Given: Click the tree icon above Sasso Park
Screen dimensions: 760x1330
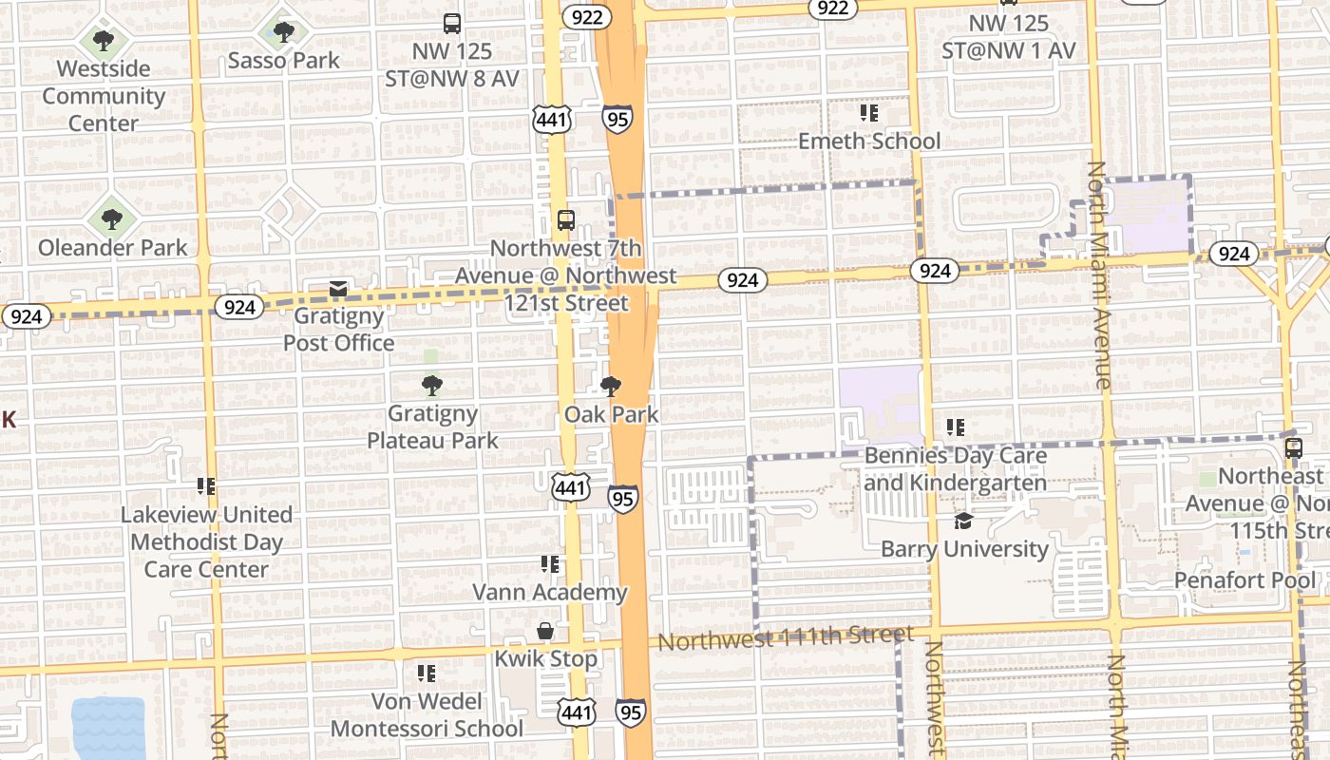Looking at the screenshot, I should point(283,32).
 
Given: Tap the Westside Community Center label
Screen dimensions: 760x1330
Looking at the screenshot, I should point(104,96).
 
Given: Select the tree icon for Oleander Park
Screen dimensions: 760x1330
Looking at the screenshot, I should point(112,219).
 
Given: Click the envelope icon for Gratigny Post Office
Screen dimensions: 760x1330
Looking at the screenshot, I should point(337,289).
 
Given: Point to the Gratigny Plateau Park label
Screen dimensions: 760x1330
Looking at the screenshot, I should point(433,427).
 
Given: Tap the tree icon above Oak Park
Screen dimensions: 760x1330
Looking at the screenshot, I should point(611,387).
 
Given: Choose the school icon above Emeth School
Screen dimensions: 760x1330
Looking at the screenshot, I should point(868,114).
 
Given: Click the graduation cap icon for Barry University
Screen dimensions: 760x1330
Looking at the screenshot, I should point(963,522).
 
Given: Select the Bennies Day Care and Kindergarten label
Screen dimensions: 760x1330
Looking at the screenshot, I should point(955,468).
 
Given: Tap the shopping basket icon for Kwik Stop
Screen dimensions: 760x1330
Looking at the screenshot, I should point(546,631).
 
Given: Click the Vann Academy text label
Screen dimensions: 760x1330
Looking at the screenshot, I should point(550,592).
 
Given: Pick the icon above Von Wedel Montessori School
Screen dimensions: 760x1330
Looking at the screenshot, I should point(427,674).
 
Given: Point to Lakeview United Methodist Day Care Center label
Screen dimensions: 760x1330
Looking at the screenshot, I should point(206,541).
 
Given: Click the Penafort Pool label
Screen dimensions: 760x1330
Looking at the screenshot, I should point(1232,579).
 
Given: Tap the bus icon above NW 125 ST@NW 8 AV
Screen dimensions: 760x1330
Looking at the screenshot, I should point(452,24).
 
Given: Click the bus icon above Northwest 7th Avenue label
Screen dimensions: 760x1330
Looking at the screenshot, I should point(566,220).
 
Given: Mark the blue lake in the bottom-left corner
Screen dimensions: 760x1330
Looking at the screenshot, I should point(108,730).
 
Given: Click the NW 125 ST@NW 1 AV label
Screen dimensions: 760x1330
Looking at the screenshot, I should point(1008,36).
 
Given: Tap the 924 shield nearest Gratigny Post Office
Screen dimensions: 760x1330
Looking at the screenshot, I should point(239,307).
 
